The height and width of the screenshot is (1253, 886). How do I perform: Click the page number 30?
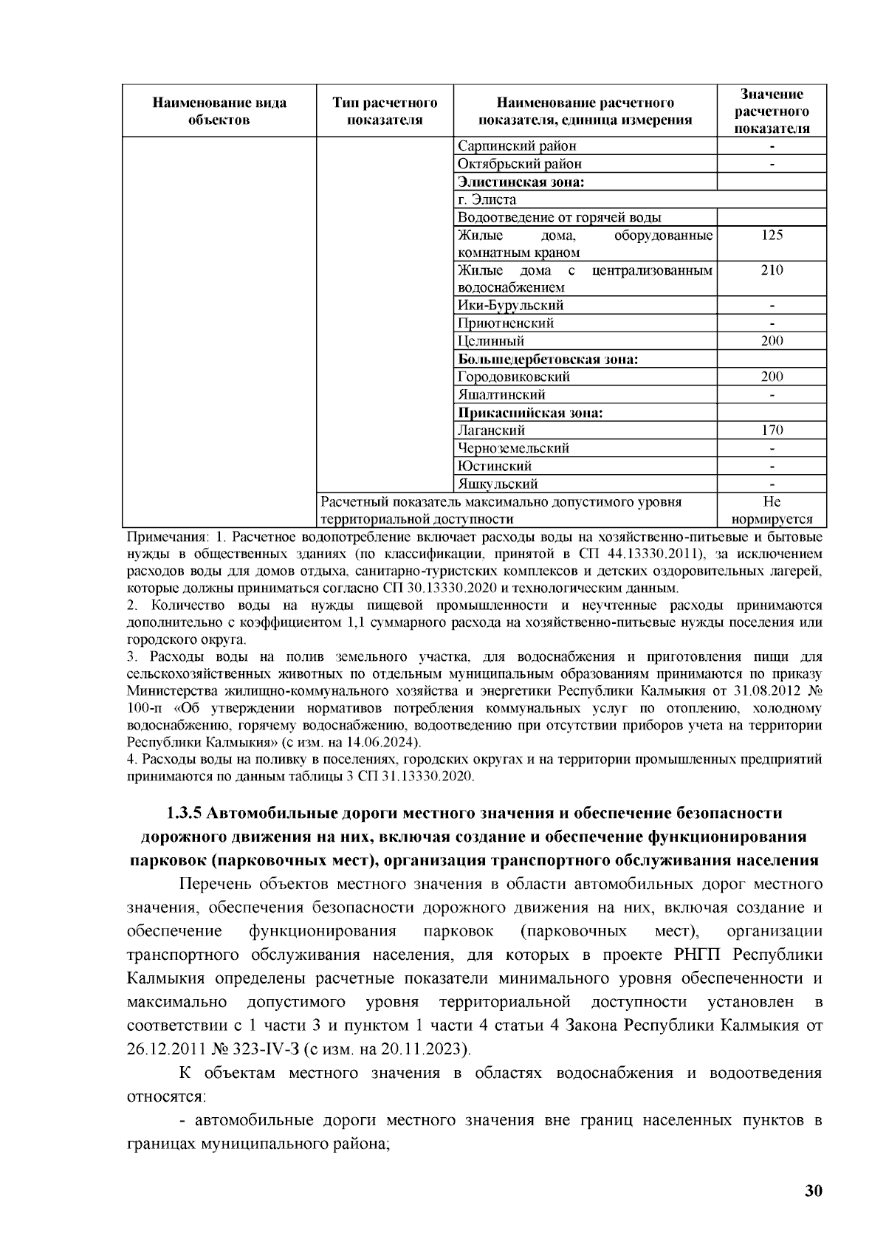click(813, 1191)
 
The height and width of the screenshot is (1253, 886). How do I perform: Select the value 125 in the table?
click(772, 236)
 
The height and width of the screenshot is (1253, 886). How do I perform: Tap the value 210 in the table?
click(772, 270)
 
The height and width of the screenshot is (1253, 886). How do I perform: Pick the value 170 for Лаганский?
click(772, 430)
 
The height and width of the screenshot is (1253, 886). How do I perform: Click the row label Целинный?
click(491, 341)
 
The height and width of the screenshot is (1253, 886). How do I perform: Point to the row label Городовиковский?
click(514, 377)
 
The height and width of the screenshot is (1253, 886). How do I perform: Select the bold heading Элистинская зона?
click(521, 182)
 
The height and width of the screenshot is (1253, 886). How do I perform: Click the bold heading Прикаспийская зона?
click(530, 413)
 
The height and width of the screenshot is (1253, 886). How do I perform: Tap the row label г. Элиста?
click(487, 200)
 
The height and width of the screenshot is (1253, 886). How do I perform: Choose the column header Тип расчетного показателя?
click(385, 111)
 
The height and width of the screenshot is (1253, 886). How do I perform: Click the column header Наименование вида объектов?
click(219, 111)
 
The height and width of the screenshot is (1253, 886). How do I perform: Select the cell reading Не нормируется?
click(772, 510)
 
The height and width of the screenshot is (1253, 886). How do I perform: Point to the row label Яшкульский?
click(498, 484)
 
